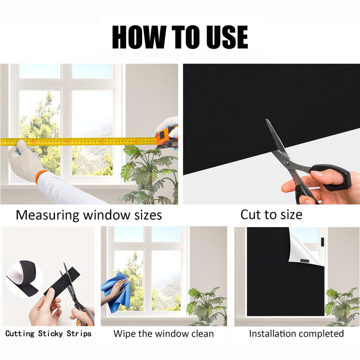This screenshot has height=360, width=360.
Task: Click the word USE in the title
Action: (x=227, y=37)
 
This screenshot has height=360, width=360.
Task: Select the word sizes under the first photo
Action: (x=148, y=216)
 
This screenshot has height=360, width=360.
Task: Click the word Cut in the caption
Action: (x=251, y=215)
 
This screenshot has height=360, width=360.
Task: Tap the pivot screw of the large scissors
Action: (x=286, y=163)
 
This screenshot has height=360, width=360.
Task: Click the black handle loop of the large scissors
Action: (x=331, y=177)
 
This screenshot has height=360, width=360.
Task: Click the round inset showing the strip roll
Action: (x=24, y=279)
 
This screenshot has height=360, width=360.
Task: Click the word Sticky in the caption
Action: (x=50, y=333)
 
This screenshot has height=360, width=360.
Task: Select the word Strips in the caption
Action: (x=79, y=334)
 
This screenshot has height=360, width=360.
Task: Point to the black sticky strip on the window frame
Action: (x=322, y=242)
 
